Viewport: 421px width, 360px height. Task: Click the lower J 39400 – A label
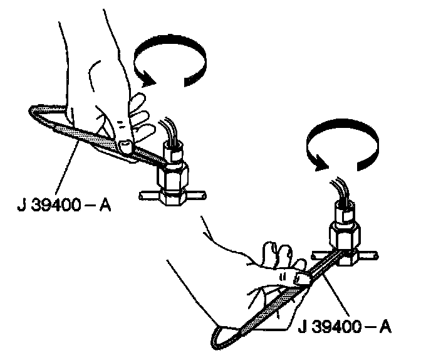click(346, 327)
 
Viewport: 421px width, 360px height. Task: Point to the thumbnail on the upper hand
click(126, 146)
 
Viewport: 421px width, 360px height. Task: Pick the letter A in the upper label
click(105, 205)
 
